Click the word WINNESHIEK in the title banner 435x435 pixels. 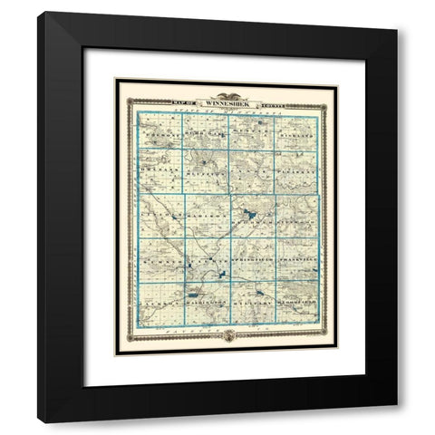tap(228, 101)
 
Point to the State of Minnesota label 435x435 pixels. tap(229, 111)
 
